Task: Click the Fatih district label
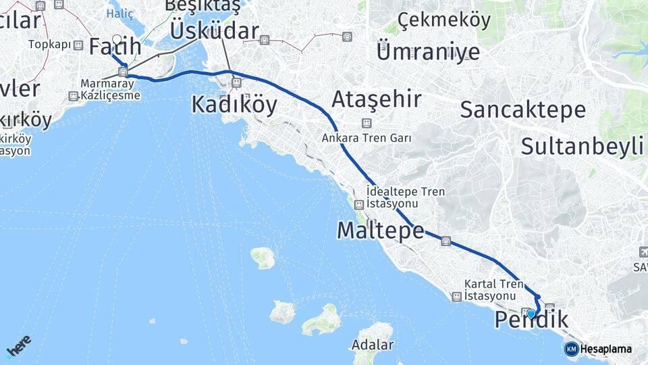(115, 47)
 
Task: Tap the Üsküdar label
(215, 30)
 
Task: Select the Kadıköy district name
(234, 105)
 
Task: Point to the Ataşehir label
(377, 100)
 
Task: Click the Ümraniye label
(428, 51)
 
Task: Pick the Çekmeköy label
(444, 20)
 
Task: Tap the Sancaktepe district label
(522, 109)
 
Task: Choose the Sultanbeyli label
(582, 146)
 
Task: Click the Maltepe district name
(380, 231)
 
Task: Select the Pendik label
(531, 320)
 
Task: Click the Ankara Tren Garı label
(367, 138)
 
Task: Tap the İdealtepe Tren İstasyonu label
(405, 197)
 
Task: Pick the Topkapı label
(50, 45)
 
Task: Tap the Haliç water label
(122, 13)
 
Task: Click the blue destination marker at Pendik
(531, 314)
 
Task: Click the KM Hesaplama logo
(598, 349)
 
